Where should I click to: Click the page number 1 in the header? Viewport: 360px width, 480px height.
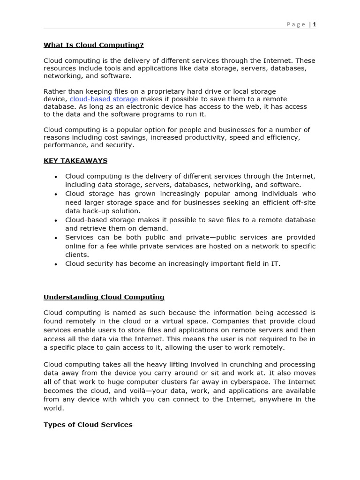coord(315,24)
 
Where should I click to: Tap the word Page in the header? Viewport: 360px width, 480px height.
coord(296,24)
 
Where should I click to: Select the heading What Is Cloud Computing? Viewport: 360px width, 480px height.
coord(93,45)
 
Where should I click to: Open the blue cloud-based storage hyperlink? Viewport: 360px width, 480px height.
coord(104,99)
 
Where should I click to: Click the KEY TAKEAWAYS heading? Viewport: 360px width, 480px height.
coord(75,161)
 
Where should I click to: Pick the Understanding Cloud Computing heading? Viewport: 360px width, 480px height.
coord(104,297)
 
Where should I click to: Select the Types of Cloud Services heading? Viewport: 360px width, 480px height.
coord(88,425)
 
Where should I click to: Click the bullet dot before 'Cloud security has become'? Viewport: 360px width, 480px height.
coord(56,264)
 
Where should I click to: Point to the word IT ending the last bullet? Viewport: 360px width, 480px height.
coord(275,263)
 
